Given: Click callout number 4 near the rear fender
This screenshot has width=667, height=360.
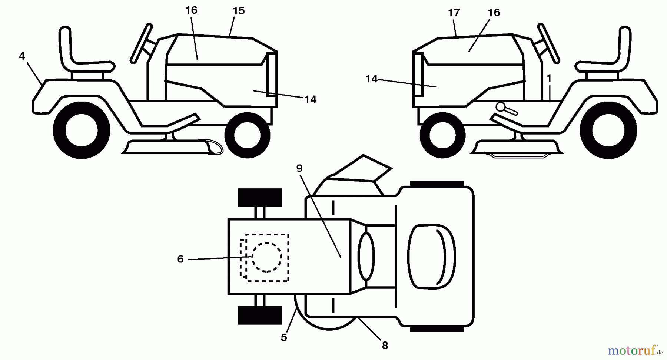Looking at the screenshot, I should pos(22,56).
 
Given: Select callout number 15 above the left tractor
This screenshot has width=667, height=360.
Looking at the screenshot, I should pos(239,11).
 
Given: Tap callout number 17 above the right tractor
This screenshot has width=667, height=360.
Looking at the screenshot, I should pos(454,13).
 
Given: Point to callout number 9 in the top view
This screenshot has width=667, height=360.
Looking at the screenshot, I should pos(299,168).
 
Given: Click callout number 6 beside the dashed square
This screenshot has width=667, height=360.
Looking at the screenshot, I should pos(180,259).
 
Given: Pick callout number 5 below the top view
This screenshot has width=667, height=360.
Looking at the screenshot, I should pos(283,337).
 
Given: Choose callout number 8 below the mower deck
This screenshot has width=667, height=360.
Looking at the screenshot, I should pos(385,346).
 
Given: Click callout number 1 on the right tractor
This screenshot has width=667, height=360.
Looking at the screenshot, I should pos(549,78).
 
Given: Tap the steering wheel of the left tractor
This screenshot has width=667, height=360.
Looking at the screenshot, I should pos(141,43).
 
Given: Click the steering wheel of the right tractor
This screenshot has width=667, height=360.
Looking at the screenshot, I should pos(548,43).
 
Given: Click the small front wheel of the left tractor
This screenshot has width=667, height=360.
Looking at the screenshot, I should pos(247,134).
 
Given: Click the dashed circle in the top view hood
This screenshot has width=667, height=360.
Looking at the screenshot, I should pos(266,257).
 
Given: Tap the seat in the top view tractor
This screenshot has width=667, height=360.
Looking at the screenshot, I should pos(431,256).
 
